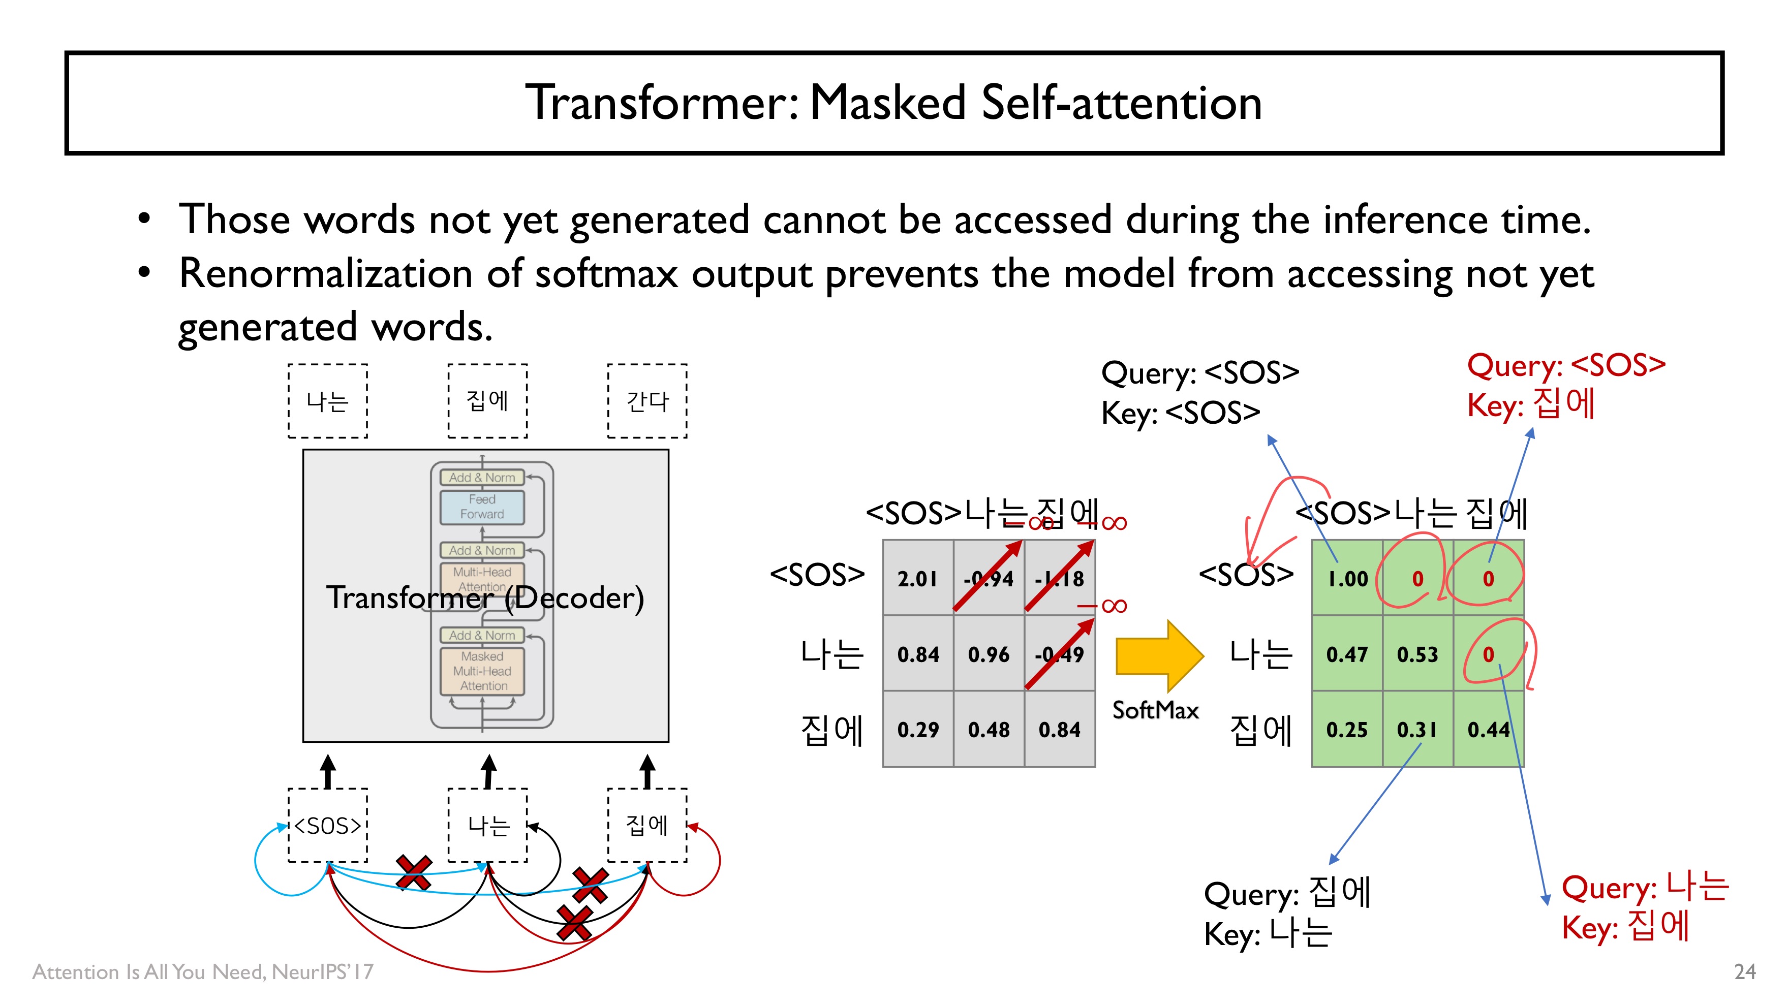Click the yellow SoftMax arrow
coord(1156,655)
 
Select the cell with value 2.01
coord(917,578)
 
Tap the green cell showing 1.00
coord(1347,578)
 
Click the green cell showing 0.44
coord(1488,730)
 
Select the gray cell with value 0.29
coord(917,730)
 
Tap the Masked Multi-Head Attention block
coord(482,671)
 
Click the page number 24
coord(1745,971)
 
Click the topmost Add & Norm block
coord(482,477)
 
